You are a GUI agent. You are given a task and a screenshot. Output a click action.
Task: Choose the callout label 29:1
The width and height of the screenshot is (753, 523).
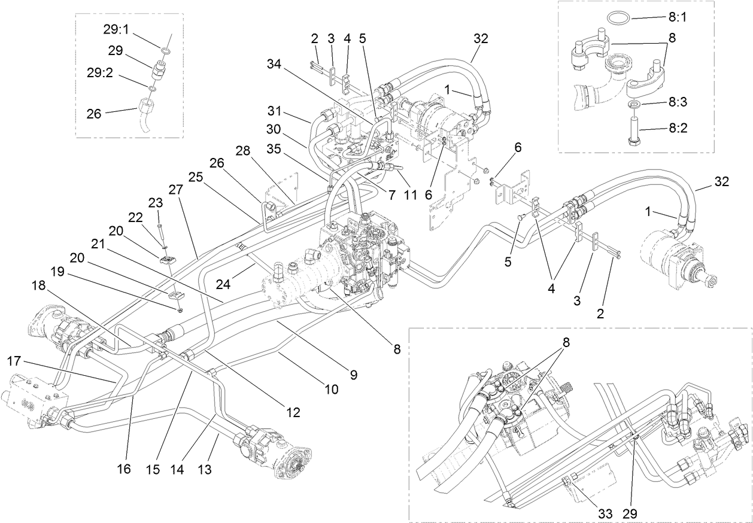point(117,28)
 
